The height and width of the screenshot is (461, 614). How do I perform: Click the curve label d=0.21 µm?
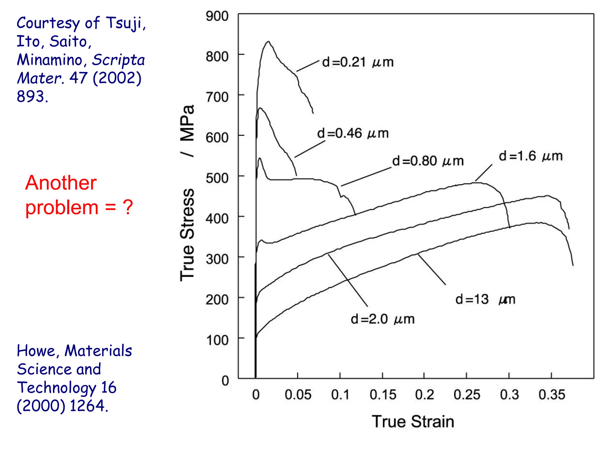pos(357,62)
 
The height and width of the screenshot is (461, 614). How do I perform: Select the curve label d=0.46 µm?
pos(353,133)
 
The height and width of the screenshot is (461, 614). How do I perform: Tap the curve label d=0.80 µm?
pos(428,161)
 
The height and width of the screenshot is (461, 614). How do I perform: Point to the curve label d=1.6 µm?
pos(530,156)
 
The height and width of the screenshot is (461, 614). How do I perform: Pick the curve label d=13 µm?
pos(485,300)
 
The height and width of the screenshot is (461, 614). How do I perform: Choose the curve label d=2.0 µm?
pos(383,319)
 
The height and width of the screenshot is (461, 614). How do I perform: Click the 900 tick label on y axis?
pos(217,16)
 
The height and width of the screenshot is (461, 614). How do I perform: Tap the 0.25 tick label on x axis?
pos(466,395)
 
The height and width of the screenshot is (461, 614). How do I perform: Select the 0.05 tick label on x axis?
pos(298,395)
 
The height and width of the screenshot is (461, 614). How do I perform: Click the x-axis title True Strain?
pos(413,421)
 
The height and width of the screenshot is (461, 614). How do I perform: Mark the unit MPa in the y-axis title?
pos(187,123)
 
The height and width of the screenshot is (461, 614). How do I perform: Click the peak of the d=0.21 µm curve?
pos(268,41)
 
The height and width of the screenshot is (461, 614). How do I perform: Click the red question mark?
pos(128,207)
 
